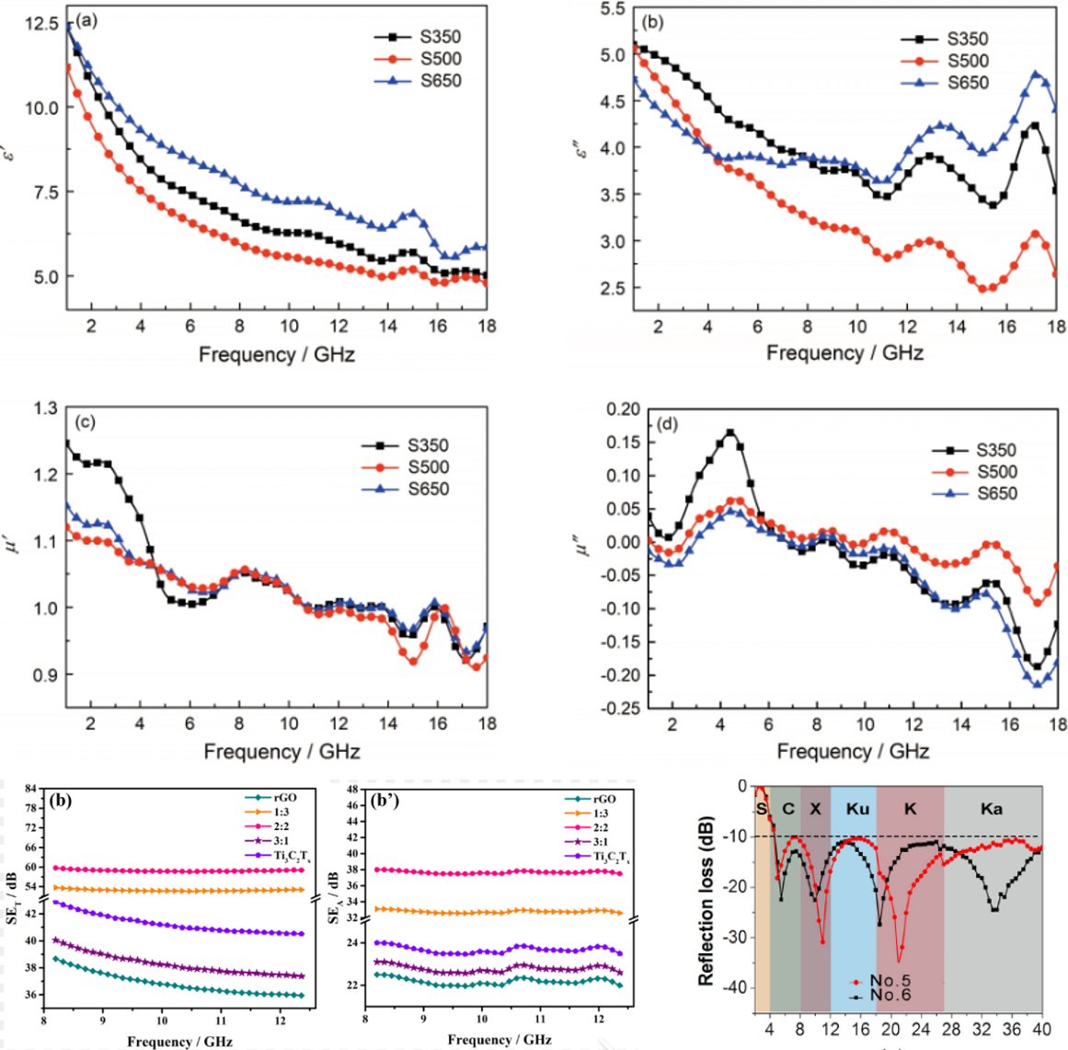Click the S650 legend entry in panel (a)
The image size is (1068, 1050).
440,81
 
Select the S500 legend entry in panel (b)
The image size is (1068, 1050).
968,61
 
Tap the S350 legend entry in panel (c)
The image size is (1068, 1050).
428,445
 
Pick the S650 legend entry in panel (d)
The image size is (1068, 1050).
996,493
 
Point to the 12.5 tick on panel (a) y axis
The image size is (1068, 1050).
41,22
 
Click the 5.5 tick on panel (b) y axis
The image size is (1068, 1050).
612,9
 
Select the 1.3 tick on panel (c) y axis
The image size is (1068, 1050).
45,408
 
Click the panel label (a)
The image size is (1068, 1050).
89,19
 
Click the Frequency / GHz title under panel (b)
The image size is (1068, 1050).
844,353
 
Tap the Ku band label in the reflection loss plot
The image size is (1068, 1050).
857,809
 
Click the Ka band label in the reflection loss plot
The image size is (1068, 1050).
991,809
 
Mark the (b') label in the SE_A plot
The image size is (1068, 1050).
385,801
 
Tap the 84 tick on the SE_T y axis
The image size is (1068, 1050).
30,789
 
